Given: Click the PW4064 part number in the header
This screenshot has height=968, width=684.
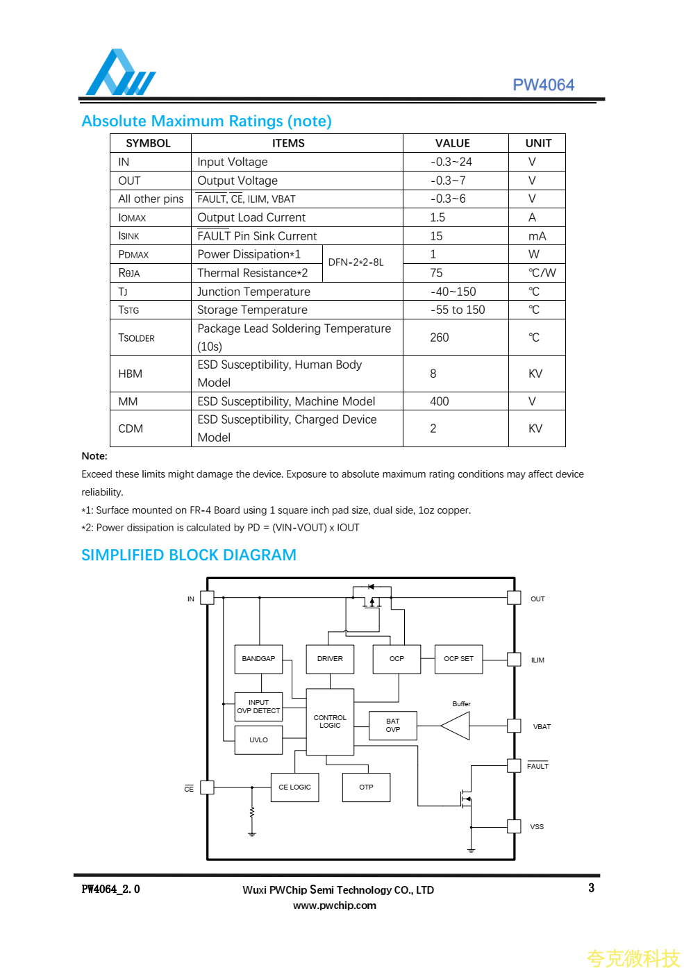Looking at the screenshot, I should [543, 85].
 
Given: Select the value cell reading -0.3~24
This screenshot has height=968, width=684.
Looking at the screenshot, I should [451, 162].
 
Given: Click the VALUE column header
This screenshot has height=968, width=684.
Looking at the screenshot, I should [453, 143].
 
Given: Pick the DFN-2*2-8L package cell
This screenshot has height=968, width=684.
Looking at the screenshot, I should [356, 262].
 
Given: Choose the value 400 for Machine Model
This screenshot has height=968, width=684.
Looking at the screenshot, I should [440, 401].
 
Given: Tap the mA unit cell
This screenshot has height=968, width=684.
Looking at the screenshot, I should [537, 236].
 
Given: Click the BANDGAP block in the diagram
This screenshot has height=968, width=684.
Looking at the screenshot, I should [258, 659].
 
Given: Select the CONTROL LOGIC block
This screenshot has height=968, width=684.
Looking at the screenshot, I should [330, 721].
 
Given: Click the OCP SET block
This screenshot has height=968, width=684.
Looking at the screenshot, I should [458, 659].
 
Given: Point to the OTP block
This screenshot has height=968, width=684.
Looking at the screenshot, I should [366, 787].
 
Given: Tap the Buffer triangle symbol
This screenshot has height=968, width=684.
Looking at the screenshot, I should [456, 726].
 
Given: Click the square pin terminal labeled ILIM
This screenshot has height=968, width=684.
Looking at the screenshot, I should [514, 660].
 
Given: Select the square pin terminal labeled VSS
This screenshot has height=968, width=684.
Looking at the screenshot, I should [514, 826].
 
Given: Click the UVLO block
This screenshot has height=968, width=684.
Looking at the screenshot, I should [258, 740].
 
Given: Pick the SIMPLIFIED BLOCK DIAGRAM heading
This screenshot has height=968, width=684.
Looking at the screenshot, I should [189, 556].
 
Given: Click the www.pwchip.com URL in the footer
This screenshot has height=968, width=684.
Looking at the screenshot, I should [335, 906].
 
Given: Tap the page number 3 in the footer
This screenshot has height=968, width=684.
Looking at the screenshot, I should [591, 888].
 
